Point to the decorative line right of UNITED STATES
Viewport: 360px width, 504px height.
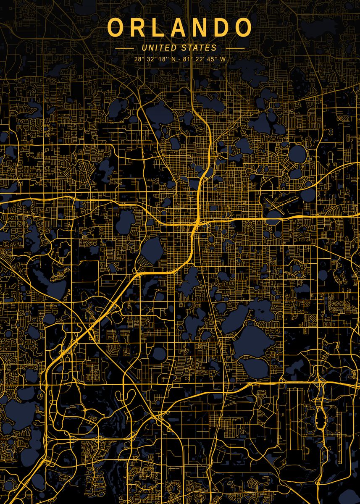(234, 48)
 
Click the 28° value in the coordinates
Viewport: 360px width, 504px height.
(139, 59)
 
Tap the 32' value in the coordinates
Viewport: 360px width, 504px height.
(150, 59)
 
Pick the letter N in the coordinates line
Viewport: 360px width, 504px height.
(173, 59)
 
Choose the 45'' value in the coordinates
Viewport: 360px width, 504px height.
(210, 59)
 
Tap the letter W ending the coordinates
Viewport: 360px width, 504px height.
(222, 59)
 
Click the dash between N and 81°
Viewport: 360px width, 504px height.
(179, 59)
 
